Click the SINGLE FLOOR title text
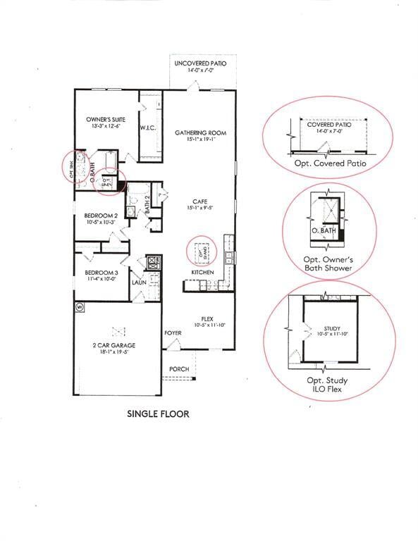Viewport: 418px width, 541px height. tap(158, 414)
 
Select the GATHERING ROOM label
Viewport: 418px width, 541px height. tap(196, 132)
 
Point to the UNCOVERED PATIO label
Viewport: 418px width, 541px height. tap(201, 63)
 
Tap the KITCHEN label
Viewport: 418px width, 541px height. tap(202, 272)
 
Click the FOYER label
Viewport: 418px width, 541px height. tap(173, 332)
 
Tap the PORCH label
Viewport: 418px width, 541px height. tap(179, 368)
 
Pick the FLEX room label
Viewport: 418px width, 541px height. tap(207, 318)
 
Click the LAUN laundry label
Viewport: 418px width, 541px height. tap(138, 282)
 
